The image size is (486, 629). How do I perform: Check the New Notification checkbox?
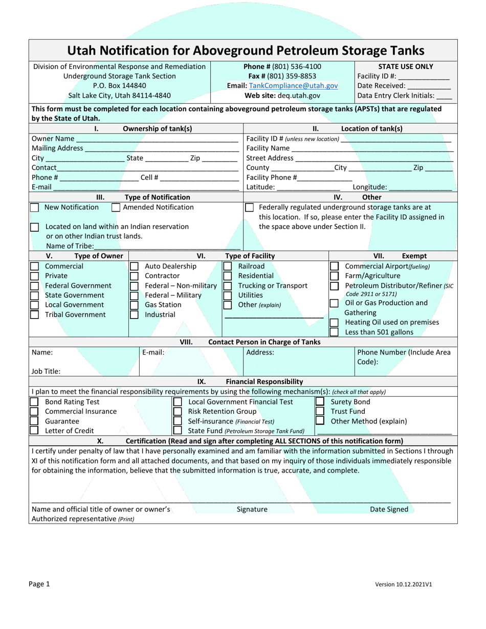[34, 208]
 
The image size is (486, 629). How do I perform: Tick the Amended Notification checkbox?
[116, 208]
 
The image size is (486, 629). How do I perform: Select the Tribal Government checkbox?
[34, 314]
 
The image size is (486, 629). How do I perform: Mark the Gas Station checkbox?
[134, 305]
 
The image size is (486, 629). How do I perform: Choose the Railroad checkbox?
[227, 266]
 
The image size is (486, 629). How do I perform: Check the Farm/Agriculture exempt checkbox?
[334, 276]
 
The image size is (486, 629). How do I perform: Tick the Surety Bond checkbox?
[320, 402]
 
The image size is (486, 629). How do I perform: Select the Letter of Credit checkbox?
[34, 431]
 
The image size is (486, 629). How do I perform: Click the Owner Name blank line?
[157, 139]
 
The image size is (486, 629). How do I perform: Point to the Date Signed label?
[389, 509]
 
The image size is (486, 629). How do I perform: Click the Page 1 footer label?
[40, 584]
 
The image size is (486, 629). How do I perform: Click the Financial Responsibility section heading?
[264, 381]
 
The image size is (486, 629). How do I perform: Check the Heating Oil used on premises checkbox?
[334, 322]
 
